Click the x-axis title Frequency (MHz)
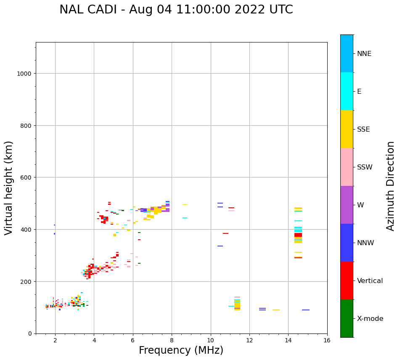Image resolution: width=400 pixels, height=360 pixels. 181,350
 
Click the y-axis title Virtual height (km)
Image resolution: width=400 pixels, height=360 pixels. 9,188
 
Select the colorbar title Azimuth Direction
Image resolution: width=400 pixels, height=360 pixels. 390,186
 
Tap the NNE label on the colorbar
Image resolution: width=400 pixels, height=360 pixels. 364,54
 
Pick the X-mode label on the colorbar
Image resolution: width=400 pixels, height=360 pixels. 370,319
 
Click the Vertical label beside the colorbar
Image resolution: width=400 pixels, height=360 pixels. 370,281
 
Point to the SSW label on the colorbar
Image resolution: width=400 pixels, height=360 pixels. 365,167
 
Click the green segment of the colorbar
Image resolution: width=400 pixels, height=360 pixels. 347,318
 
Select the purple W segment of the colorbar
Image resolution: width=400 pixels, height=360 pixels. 347,205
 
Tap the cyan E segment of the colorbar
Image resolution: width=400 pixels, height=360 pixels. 347,91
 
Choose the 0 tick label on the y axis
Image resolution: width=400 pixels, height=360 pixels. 29,334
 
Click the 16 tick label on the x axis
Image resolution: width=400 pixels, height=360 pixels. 327,341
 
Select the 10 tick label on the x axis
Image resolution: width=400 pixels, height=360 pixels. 210,341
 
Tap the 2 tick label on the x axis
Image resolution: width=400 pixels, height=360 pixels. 55,341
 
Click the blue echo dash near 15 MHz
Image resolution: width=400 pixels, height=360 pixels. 306,310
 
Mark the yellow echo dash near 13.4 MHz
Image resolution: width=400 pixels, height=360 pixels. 276,310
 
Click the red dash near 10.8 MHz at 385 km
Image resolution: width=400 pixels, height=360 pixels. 226,233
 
